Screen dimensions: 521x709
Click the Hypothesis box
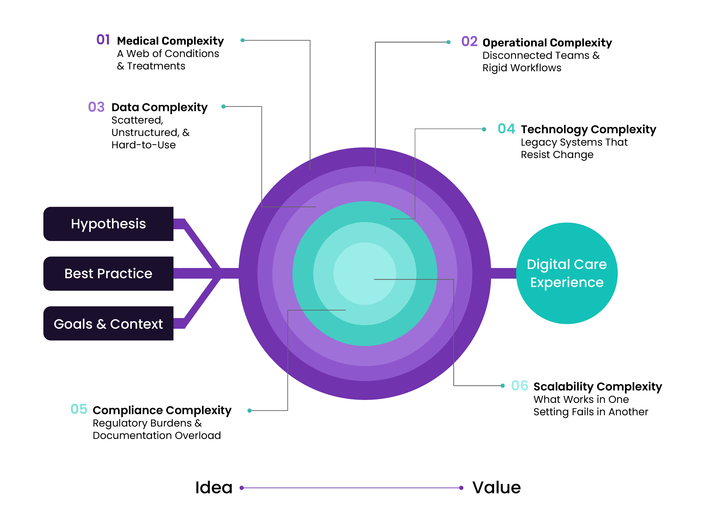108,224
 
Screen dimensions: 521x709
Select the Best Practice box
108,273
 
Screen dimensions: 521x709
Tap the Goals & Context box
108,324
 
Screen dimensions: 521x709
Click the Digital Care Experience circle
566,273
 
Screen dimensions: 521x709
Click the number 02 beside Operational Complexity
469,42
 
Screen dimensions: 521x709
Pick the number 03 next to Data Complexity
96,107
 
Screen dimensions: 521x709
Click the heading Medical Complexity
170,41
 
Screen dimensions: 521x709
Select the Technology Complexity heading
588,129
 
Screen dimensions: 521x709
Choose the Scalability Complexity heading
597,386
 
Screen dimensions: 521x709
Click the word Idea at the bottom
214,488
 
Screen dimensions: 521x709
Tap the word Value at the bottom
496,488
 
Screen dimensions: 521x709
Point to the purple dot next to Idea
242,488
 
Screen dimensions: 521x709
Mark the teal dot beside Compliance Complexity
249,410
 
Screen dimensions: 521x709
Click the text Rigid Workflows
522,68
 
